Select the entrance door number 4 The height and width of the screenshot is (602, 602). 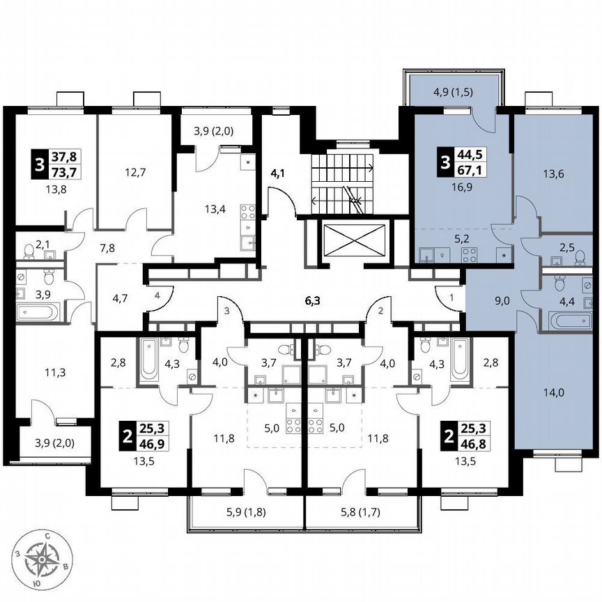(x=157, y=295)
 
